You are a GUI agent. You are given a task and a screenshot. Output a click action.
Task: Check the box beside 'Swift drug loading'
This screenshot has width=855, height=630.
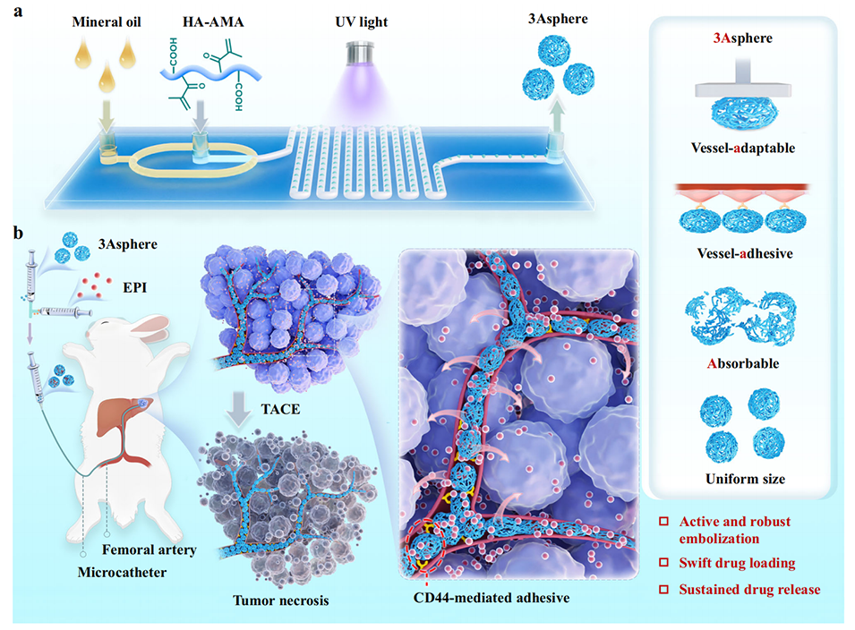pyautogui.click(x=663, y=563)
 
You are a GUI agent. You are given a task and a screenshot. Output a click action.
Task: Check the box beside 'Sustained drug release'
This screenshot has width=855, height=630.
pyautogui.click(x=663, y=590)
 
